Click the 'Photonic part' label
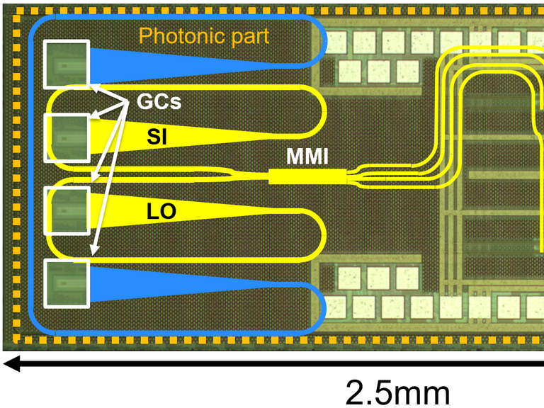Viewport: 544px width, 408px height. [x=204, y=36]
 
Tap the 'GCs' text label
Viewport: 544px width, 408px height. [x=159, y=101]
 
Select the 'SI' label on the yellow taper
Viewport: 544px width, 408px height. [x=157, y=137]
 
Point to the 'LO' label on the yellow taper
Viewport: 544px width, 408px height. [x=161, y=211]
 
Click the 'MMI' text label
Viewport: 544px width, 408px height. [x=307, y=157]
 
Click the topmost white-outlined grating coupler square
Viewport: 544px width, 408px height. [x=67, y=64]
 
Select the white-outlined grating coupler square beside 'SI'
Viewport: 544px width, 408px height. [x=67, y=137]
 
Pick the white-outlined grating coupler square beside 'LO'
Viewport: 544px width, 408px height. [x=67, y=211]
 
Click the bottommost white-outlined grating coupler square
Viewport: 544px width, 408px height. [x=67, y=284]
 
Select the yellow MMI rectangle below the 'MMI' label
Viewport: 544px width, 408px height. [x=307, y=176]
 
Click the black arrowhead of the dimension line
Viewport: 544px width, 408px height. [x=11, y=363]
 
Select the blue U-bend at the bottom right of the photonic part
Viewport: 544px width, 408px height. [x=320, y=309]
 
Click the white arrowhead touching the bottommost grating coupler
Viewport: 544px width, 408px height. [x=94, y=251]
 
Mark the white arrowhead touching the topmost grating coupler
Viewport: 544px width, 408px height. [x=96, y=87]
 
